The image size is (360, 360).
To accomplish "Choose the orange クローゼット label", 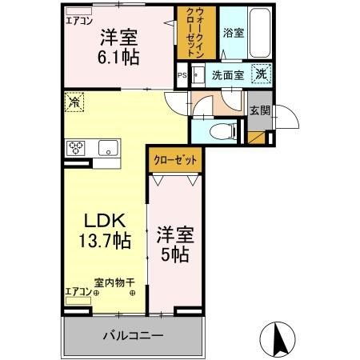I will (175, 159).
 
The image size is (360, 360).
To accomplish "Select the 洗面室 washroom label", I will (229, 76).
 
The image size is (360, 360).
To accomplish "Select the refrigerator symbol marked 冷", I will (74, 102).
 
